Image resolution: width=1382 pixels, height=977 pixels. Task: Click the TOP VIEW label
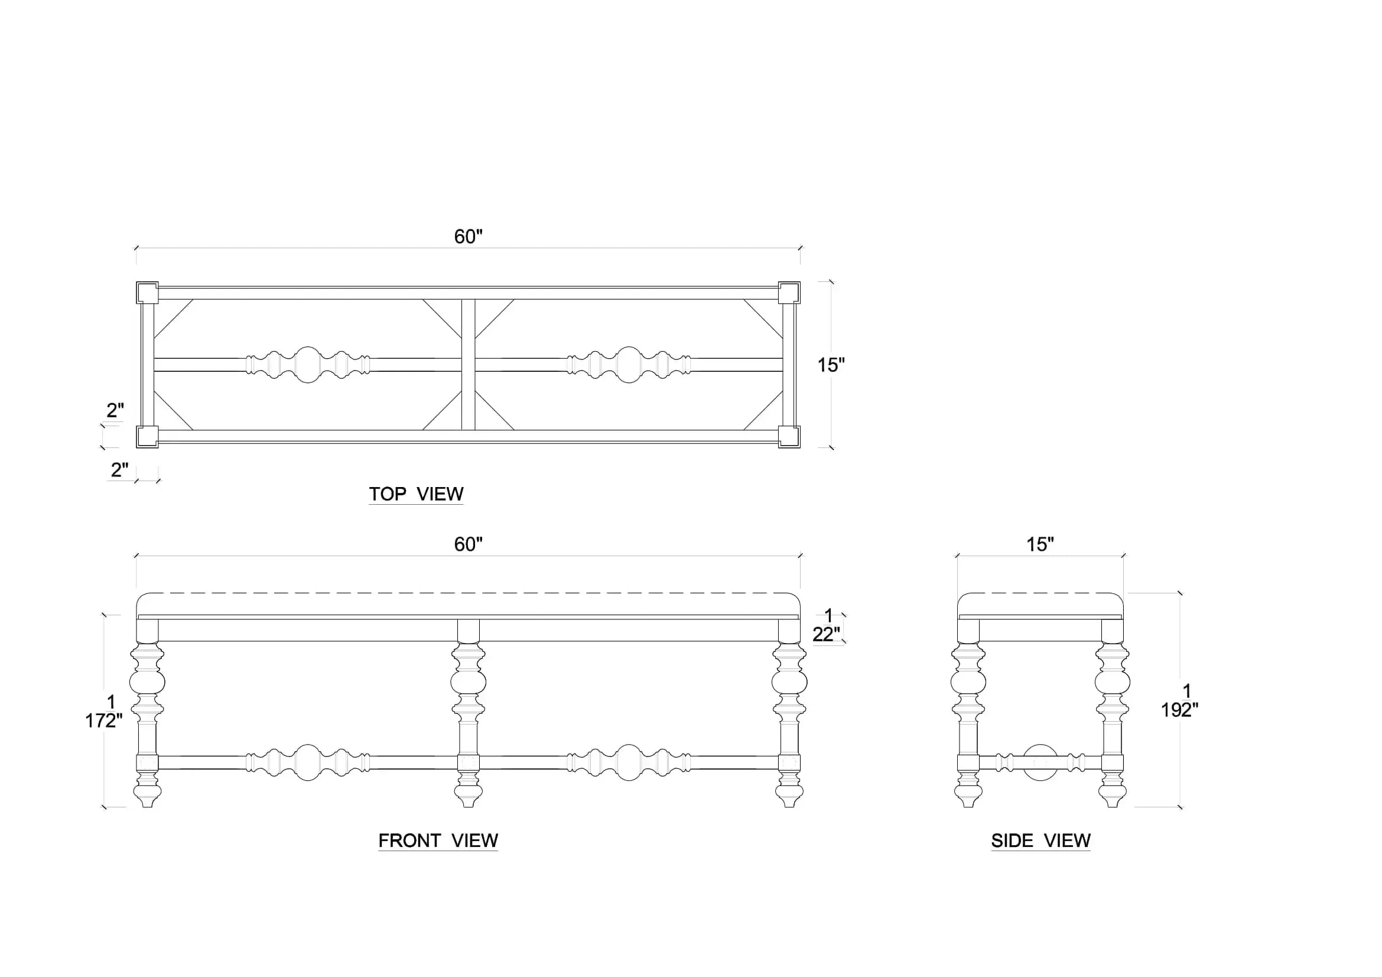click(x=416, y=494)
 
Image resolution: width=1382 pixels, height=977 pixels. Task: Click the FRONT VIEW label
click(x=438, y=840)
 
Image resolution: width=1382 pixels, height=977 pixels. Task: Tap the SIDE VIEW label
click(x=1040, y=840)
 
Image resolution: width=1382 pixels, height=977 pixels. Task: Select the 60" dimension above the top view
click(x=469, y=236)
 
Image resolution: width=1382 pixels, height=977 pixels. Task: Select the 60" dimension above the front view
click(x=469, y=544)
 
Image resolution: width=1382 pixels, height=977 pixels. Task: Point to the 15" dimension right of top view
click(x=831, y=365)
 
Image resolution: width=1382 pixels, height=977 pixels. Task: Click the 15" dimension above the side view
click(x=1040, y=544)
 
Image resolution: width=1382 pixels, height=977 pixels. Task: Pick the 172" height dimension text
click(x=103, y=720)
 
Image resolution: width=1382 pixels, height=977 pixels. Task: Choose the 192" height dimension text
click(x=1180, y=710)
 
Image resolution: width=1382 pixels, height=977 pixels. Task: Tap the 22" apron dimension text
click(x=827, y=634)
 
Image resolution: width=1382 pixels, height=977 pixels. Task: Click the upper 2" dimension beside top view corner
click(x=115, y=410)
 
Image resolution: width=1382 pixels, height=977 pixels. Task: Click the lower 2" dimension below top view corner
click(x=119, y=469)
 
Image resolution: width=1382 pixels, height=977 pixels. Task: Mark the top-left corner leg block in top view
click(x=148, y=293)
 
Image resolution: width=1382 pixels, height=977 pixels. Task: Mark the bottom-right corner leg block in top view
click(x=789, y=436)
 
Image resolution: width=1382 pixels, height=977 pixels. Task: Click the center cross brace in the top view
click(x=469, y=365)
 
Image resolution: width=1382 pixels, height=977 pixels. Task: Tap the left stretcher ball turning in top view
click(x=308, y=365)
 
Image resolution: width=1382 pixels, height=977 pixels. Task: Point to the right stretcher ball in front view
click(x=629, y=762)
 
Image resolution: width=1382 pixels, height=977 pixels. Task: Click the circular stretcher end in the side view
click(x=1040, y=762)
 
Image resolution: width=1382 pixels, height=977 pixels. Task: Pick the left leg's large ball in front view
click(x=148, y=681)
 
